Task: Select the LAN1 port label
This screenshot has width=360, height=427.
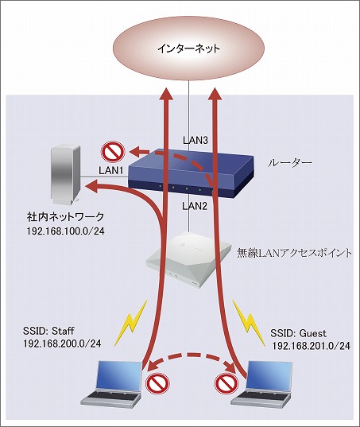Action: tap(110, 169)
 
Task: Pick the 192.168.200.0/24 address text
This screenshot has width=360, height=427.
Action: tap(53, 345)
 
